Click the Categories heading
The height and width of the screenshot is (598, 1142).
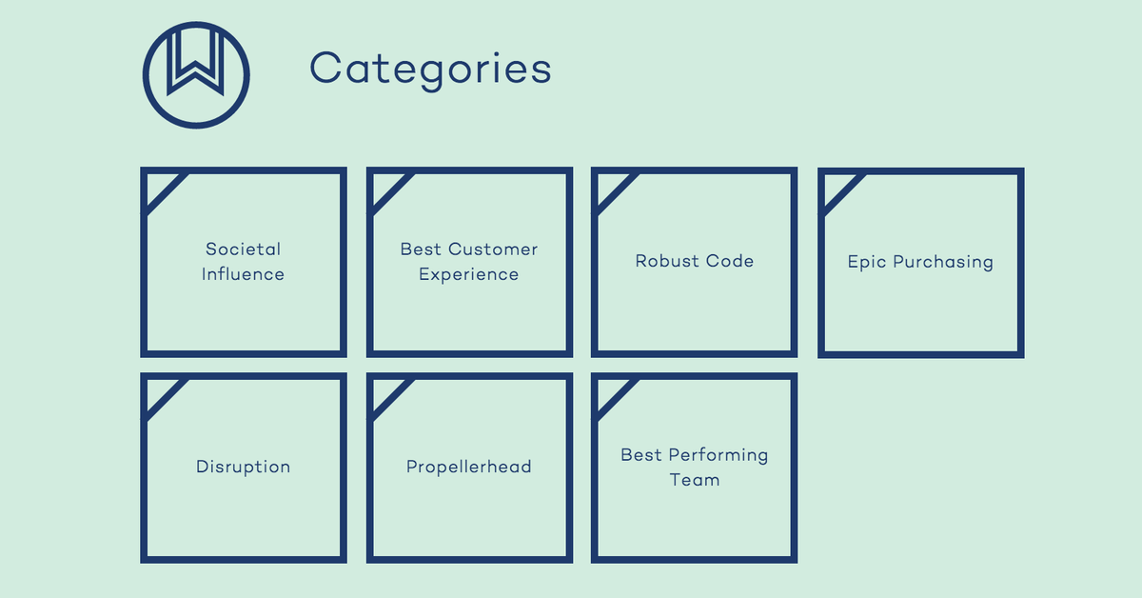click(430, 69)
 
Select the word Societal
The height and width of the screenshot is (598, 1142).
click(244, 249)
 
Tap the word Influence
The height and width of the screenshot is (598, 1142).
click(243, 274)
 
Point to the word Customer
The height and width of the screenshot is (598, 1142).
click(493, 249)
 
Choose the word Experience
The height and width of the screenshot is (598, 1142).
click(469, 274)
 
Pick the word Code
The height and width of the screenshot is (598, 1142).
click(729, 261)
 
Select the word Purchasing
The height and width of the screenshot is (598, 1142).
click(943, 263)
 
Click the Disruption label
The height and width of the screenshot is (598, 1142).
click(244, 467)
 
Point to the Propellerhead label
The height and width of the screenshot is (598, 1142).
click(469, 467)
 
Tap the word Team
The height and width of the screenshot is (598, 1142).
click(695, 480)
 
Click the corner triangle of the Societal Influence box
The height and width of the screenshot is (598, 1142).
click(158, 187)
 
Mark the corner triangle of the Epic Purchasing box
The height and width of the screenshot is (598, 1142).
click(836, 187)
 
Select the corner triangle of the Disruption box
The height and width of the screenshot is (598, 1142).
click(158, 391)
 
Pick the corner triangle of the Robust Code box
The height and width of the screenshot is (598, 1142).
click(609, 187)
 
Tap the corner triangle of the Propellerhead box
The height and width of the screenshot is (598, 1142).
click(384, 391)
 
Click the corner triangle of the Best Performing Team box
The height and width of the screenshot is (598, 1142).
click(609, 391)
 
